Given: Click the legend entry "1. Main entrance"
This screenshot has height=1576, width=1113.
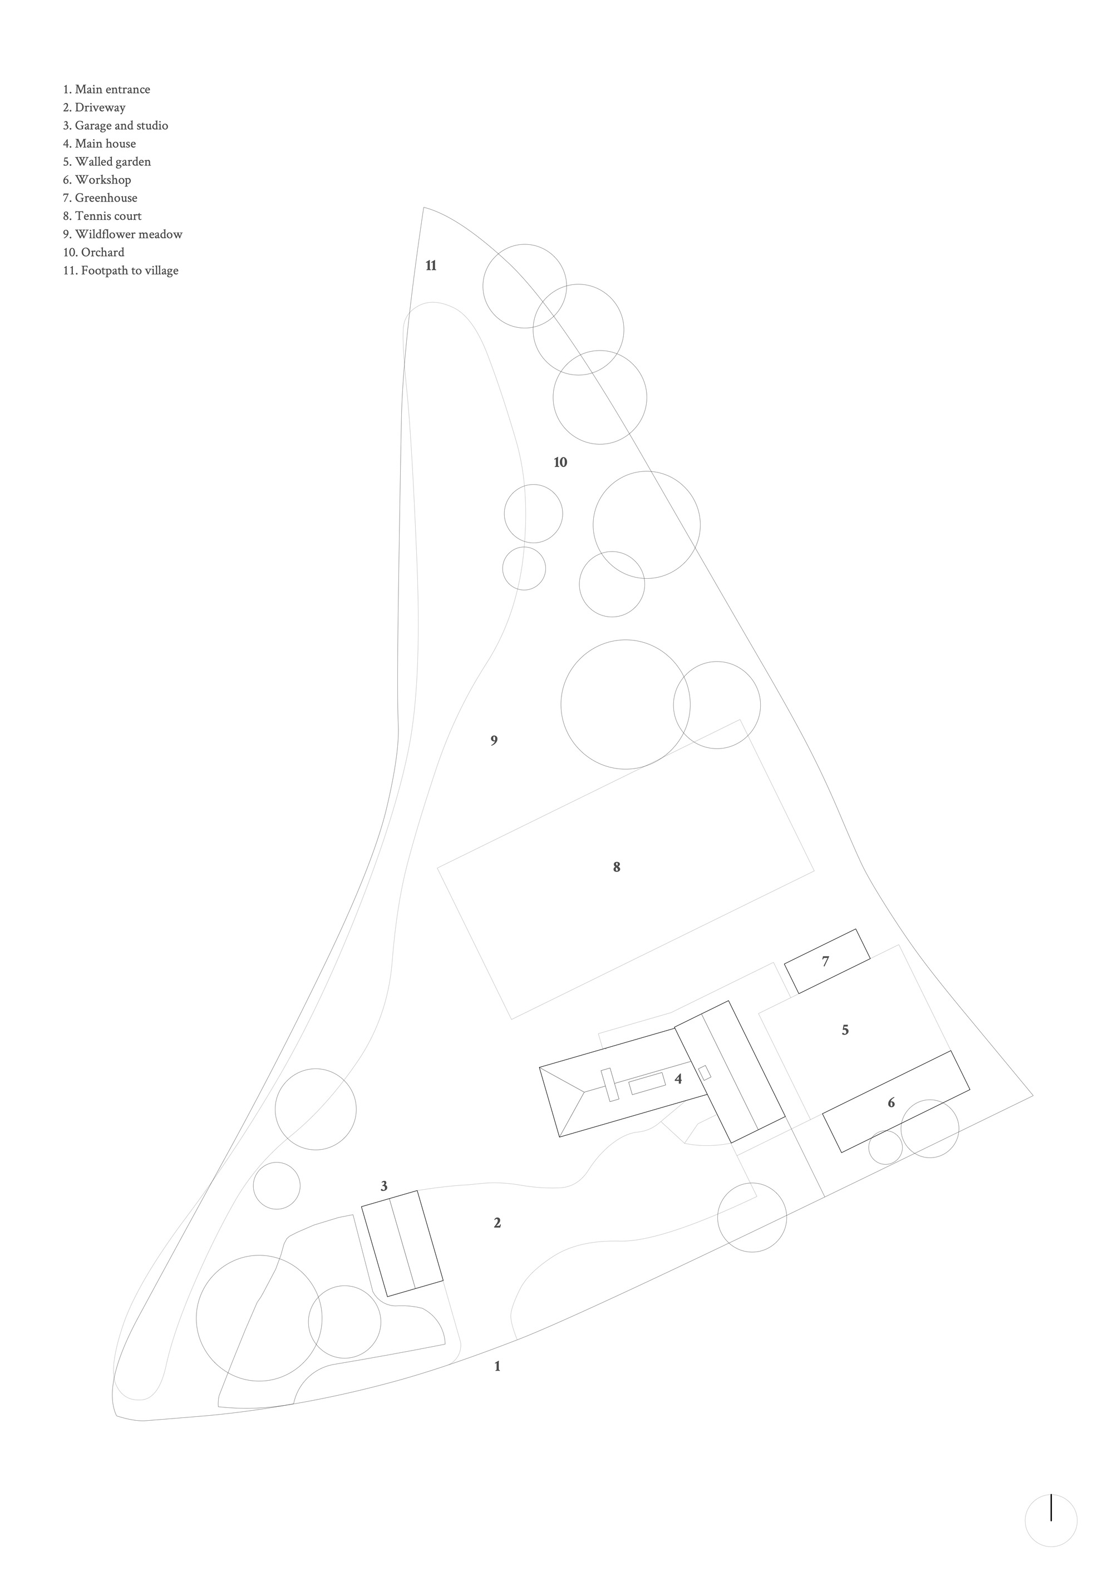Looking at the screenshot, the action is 106,89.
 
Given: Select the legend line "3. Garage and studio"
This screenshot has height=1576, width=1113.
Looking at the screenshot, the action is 115,126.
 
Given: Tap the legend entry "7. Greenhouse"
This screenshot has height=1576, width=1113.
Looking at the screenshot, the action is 100,198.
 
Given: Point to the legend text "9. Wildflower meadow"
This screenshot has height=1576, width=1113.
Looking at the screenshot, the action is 123,234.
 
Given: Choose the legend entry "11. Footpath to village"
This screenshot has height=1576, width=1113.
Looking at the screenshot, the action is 121,270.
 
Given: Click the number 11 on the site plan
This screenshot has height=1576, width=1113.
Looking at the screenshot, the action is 431,265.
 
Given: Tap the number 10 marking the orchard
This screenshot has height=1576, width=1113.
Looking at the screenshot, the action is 560,462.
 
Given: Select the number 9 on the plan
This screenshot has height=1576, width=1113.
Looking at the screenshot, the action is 494,741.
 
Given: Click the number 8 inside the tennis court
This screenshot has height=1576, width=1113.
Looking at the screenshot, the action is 617,867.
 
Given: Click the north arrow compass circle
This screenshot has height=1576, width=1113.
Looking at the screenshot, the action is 1051,1520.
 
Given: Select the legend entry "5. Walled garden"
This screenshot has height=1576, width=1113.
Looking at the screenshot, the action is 107,162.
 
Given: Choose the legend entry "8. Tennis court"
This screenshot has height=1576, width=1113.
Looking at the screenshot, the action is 102,216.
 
